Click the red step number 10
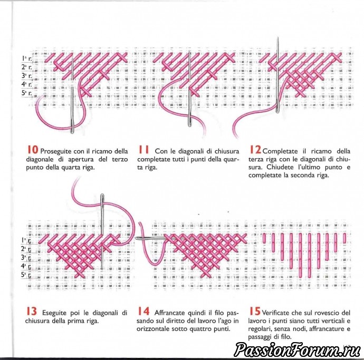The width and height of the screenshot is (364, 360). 32,150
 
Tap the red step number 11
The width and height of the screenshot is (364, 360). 143,150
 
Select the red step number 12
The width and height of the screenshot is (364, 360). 255,150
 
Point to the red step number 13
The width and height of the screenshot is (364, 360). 32,312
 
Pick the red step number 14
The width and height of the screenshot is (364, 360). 143,312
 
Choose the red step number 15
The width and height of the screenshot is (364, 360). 255,312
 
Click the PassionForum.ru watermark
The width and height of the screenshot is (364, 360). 298,349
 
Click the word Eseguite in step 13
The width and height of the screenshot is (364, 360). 54,313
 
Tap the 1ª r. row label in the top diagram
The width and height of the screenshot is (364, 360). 27,59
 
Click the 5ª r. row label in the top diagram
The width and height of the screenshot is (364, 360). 27,93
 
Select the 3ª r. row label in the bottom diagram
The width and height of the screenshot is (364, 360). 26,257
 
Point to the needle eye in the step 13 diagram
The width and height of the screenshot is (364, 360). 102,198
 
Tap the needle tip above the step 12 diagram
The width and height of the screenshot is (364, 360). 277,37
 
